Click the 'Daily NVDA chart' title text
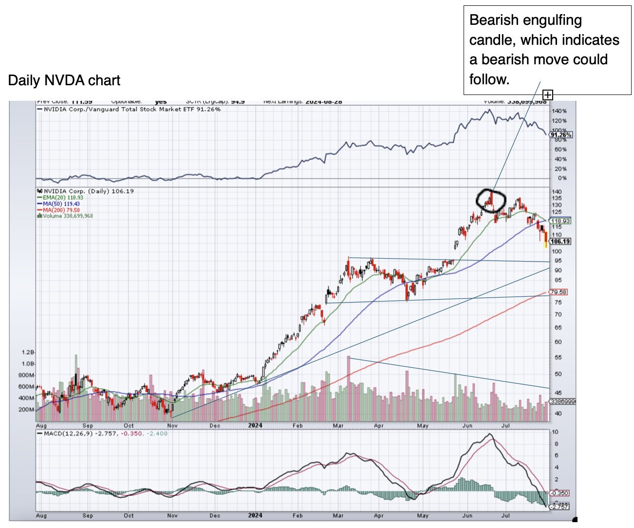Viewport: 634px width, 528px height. click(64, 80)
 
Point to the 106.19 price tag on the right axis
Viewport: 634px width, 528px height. click(560, 241)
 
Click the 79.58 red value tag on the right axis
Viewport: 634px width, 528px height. click(558, 292)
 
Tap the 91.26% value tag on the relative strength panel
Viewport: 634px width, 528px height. click(561, 135)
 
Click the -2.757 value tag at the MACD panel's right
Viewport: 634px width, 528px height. click(559, 507)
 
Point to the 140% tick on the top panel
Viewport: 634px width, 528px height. click(559, 111)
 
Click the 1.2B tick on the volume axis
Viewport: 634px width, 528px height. click(28, 352)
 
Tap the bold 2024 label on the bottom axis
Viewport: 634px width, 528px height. click(255, 425)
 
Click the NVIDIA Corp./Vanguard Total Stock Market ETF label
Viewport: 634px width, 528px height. click(131, 110)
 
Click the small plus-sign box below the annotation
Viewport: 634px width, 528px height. click(548, 95)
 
